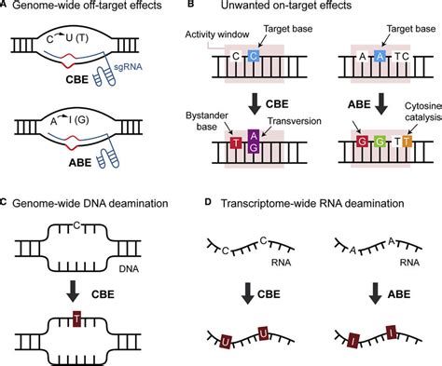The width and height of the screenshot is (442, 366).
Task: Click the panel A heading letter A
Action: coord(6,7)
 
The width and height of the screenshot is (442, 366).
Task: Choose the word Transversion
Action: coord(287,130)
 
